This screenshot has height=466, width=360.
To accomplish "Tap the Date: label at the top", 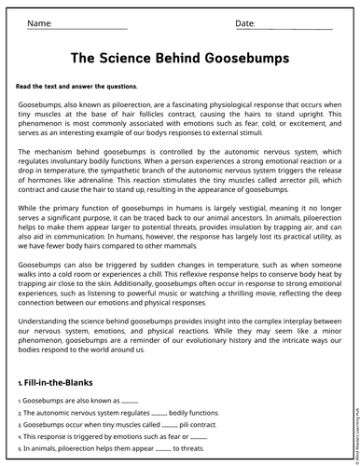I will click(244, 22).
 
